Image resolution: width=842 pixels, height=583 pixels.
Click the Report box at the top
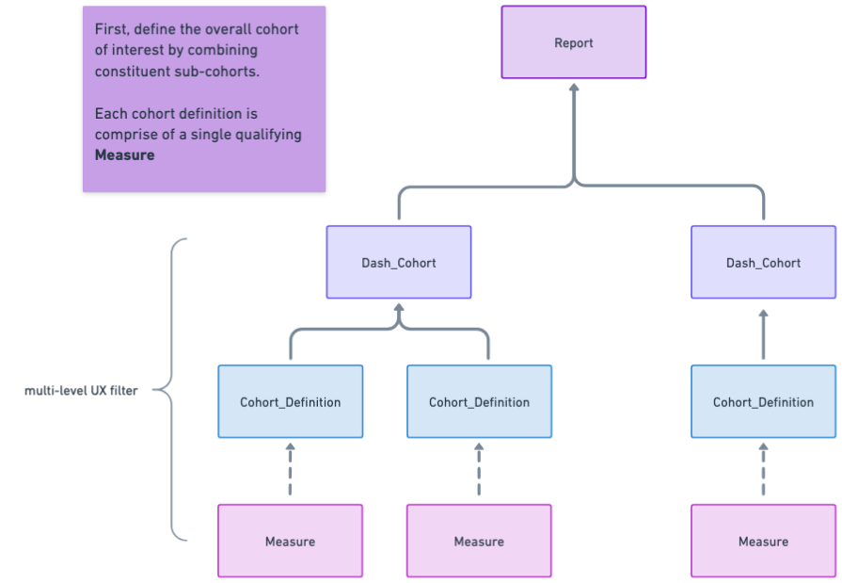574,42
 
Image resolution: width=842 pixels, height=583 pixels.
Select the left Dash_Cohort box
399,262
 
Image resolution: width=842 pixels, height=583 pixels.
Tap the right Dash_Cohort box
763,262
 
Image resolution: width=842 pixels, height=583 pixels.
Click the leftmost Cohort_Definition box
290,401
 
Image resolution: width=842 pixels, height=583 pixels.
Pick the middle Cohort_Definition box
479,401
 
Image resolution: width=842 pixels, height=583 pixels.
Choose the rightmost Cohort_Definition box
763,401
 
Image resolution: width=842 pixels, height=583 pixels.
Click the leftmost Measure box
290,541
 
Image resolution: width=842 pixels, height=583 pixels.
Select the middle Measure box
479,541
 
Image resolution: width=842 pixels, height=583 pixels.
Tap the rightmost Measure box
763,541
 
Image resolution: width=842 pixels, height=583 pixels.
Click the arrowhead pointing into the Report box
574,89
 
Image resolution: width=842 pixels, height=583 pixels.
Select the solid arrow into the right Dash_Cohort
763,333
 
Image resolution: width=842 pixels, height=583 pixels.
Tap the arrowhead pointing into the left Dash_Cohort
399,308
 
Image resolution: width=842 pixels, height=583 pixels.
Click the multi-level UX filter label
81,390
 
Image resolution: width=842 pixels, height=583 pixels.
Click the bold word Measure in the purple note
124,154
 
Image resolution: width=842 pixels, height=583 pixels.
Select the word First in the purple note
112,29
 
